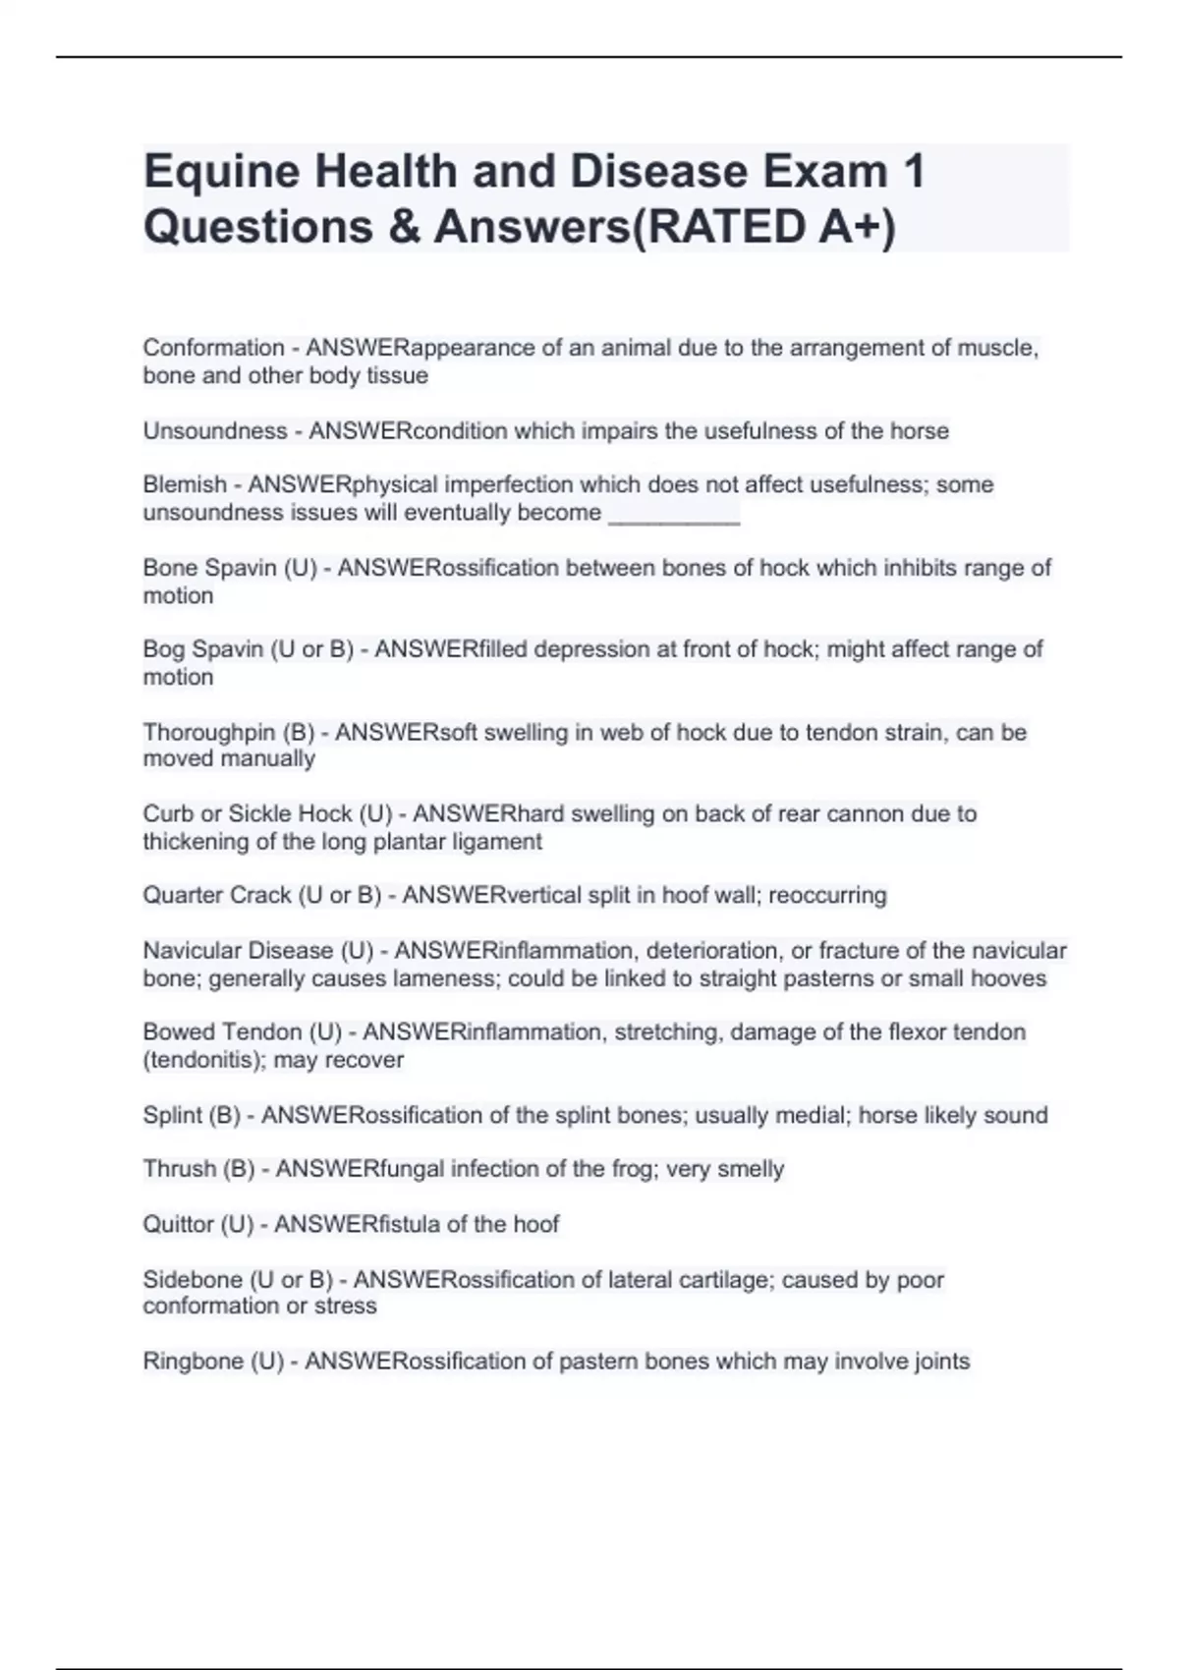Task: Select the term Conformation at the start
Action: (213, 348)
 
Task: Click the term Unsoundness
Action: (215, 431)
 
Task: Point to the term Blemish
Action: (185, 485)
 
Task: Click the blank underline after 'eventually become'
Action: (674, 515)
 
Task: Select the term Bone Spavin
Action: (209, 568)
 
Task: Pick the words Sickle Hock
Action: (290, 814)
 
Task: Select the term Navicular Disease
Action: (238, 951)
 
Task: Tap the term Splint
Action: (172, 1116)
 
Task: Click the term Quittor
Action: (179, 1225)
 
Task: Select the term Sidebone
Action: (192, 1280)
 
